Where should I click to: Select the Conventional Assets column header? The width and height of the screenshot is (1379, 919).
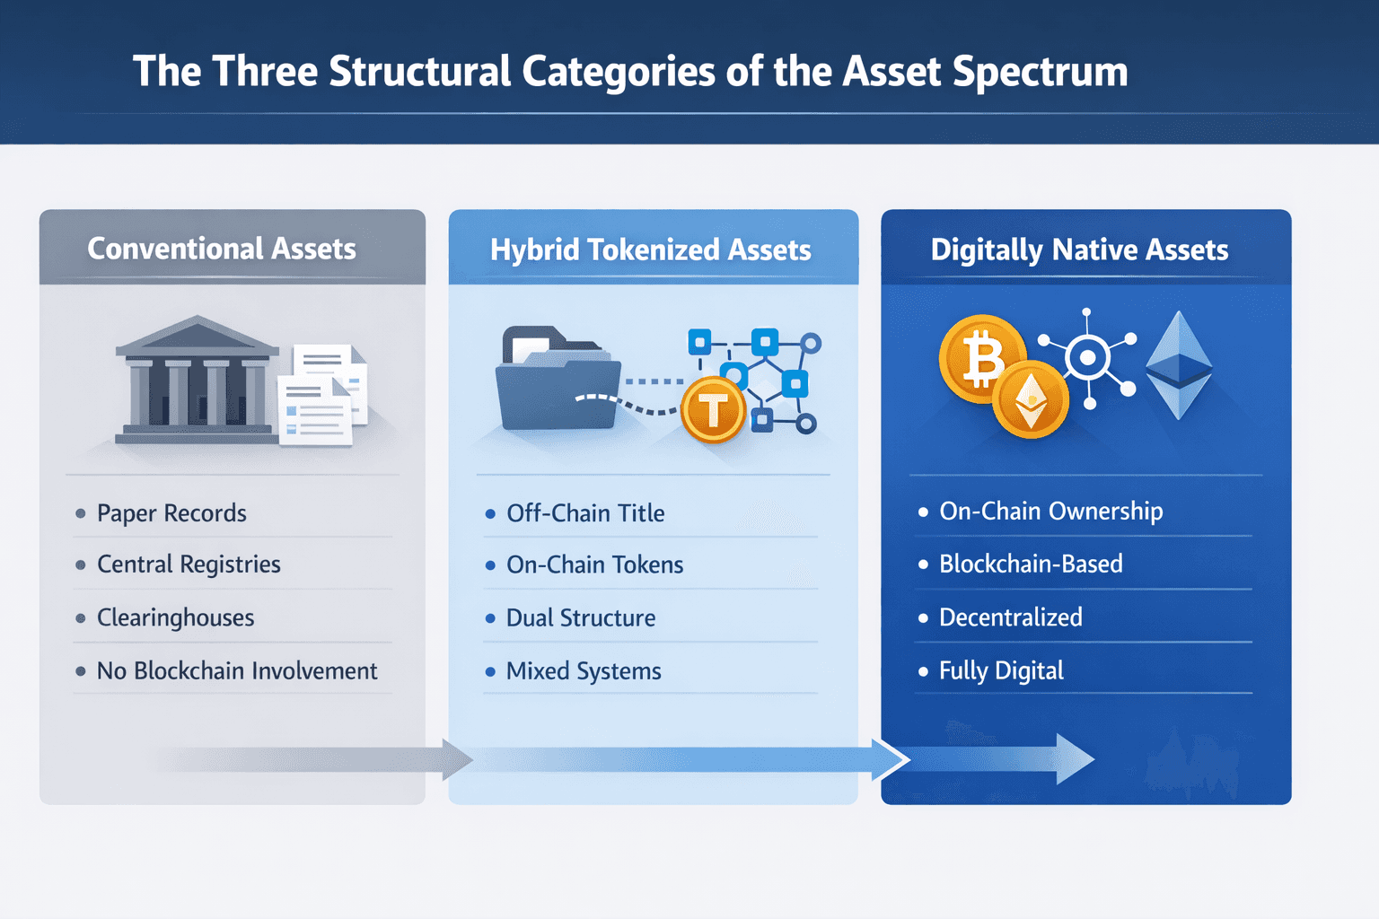click(222, 249)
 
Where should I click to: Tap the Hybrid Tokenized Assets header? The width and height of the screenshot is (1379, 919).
click(650, 249)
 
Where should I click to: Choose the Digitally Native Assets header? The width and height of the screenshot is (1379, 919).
click(1079, 249)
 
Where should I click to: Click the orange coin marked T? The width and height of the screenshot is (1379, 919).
click(713, 411)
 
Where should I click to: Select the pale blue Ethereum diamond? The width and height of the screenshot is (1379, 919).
click(1179, 366)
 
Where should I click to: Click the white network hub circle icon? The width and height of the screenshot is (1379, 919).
click(1088, 358)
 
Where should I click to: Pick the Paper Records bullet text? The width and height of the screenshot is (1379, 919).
click(171, 513)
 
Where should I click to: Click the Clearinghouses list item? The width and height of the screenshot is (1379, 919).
click(175, 617)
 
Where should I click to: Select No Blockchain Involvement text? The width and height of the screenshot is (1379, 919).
click(236, 671)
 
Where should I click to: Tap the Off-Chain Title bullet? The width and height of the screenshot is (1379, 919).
click(585, 513)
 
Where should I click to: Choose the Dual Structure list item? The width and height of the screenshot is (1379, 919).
click(580, 617)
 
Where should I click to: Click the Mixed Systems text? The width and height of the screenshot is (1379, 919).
click(584, 671)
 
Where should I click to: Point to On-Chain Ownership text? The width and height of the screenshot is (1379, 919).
click(1050, 512)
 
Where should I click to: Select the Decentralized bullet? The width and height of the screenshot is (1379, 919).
click(1010, 617)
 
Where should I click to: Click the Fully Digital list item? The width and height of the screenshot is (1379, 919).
click(1001, 671)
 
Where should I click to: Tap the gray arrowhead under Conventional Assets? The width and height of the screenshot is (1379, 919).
click(456, 760)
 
